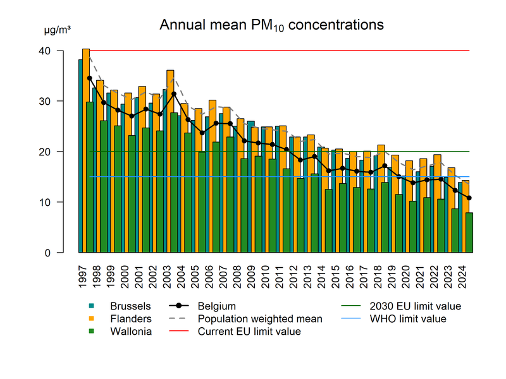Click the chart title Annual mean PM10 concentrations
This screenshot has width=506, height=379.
271,25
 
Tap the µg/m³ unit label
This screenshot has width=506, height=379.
58,30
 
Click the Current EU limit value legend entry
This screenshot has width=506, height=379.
249,332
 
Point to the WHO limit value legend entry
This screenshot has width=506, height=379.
407,319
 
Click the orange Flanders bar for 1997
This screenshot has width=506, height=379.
86,152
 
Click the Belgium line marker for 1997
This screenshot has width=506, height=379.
89,78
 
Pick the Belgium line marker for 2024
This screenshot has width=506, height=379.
469,198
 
